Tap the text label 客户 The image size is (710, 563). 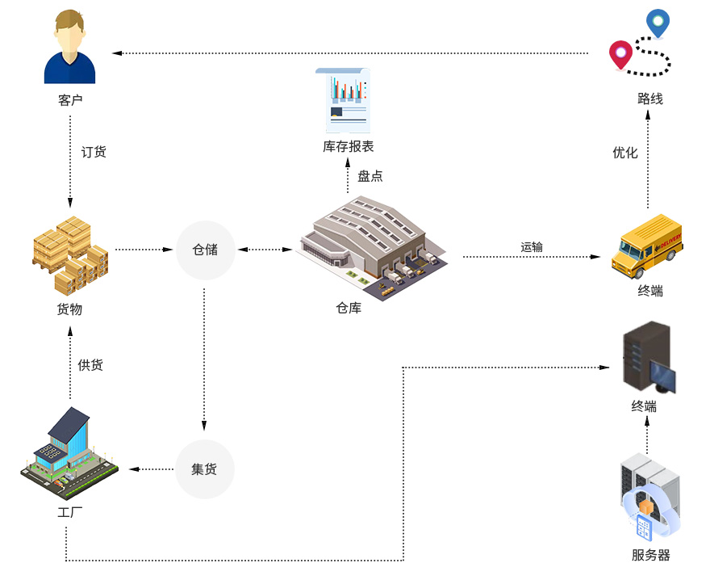click(x=70, y=100)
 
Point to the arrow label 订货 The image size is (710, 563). click(x=94, y=152)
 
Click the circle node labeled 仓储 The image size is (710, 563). click(x=205, y=250)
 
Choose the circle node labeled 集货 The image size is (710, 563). click(x=204, y=469)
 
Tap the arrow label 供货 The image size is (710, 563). click(x=90, y=365)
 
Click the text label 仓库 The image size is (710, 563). click(x=349, y=308)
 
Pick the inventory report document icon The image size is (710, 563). click(x=348, y=100)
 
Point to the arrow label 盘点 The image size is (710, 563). click(x=370, y=175)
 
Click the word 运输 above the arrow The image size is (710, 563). click(x=532, y=246)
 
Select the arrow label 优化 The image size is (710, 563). click(x=625, y=152)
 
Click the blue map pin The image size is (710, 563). click(x=658, y=22)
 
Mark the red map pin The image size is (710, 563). click(x=620, y=53)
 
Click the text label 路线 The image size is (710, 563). click(x=650, y=99)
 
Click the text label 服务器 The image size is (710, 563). click(x=650, y=555)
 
